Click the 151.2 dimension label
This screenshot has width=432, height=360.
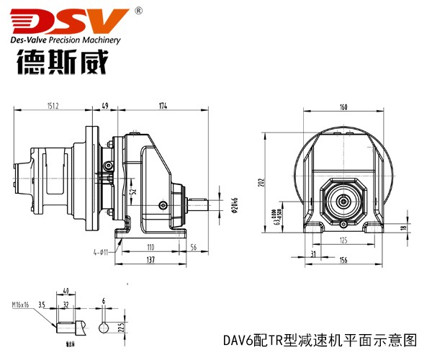pos(53,106)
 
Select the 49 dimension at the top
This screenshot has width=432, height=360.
pos(105,106)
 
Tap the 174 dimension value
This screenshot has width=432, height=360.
pos(163,106)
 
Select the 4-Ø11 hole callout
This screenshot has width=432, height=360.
pos(100,251)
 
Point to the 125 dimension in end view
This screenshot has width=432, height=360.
pos(343,240)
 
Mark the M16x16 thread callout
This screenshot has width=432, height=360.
pos(22,305)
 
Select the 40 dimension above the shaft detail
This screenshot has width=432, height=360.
pos(66,292)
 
